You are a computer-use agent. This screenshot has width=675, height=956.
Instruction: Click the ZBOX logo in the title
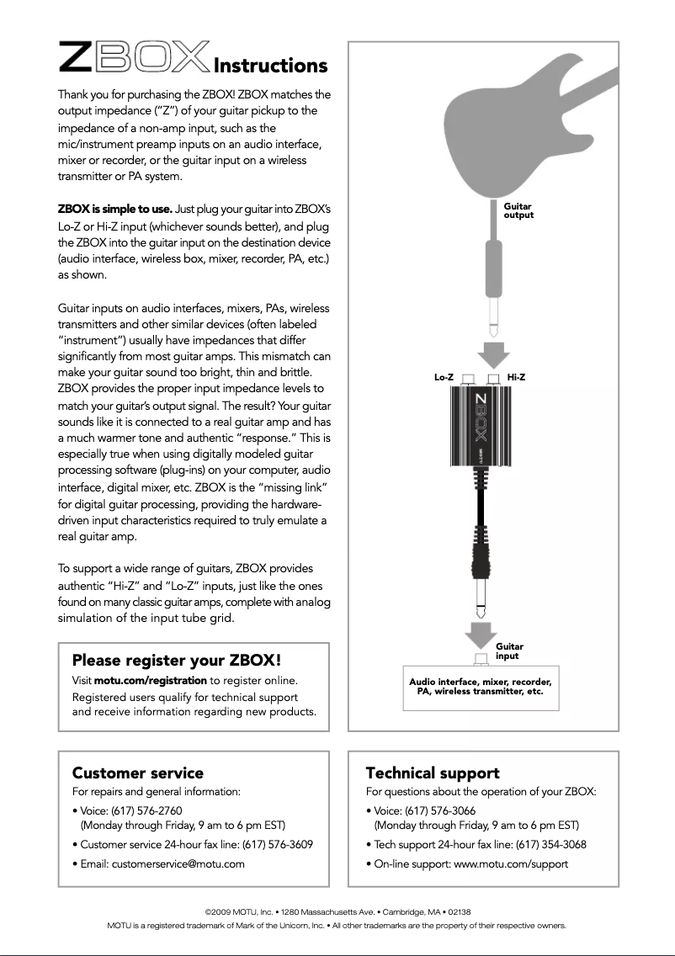134,59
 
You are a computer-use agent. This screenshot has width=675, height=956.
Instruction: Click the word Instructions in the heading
270,66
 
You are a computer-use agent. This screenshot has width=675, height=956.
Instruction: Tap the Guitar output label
518,210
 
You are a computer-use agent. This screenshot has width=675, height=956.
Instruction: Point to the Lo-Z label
444,377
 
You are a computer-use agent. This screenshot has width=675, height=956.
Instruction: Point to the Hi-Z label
516,377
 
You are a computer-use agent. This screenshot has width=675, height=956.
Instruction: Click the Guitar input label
509,651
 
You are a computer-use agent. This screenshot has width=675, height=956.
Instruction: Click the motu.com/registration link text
151,680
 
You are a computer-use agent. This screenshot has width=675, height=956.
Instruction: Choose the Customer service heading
138,773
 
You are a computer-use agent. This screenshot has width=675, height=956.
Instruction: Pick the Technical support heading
433,773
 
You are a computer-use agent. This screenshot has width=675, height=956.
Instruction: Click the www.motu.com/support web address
511,863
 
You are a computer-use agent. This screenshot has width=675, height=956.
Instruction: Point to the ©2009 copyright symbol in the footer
209,912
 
